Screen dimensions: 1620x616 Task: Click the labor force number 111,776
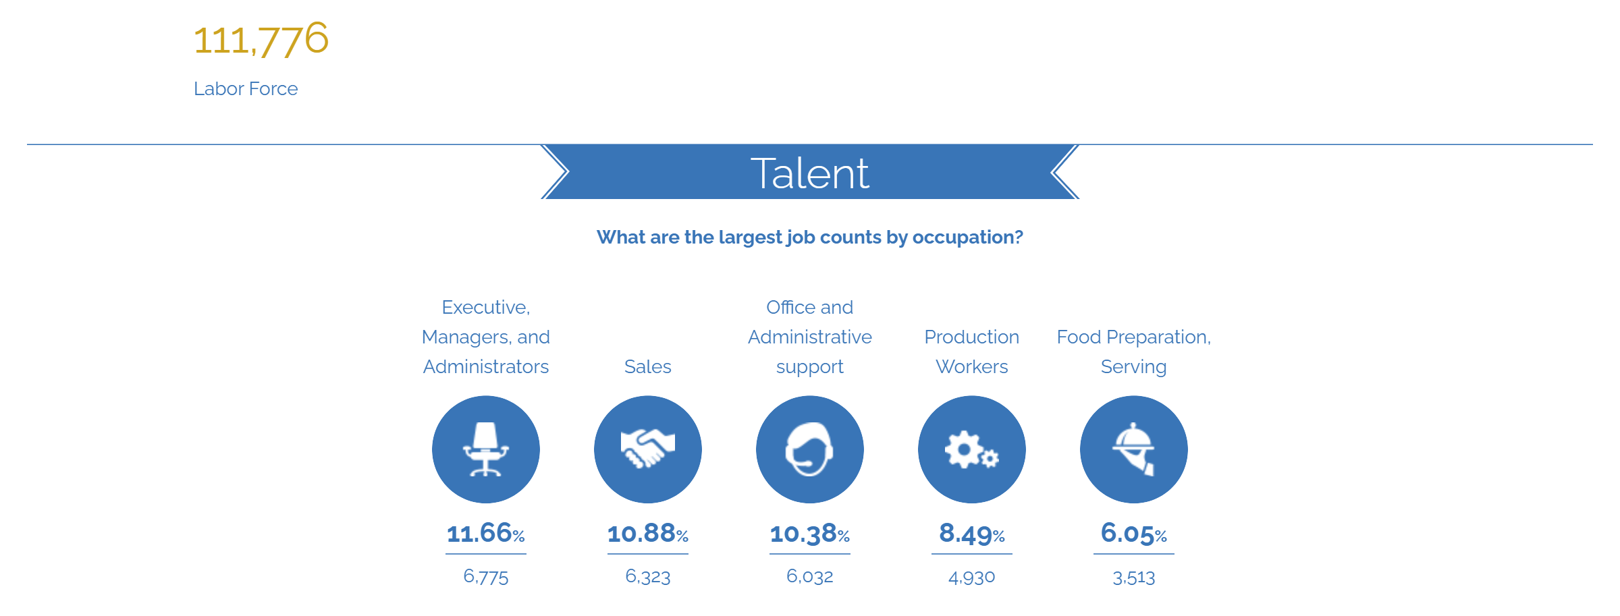pos(261,39)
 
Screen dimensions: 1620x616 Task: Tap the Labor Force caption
pos(246,88)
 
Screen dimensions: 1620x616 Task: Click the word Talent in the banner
pos(810,173)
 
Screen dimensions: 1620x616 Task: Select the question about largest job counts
pos(810,237)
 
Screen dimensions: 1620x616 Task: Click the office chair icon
pos(486,449)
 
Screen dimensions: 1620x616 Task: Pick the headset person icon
pos(810,449)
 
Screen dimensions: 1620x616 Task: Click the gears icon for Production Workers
pos(972,449)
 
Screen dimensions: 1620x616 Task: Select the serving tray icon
pos(1134,449)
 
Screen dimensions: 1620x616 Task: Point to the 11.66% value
pos(486,533)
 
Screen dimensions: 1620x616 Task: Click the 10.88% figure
pos(648,533)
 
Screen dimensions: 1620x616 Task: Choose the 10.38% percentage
pos(810,534)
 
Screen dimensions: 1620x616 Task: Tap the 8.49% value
pos(972,534)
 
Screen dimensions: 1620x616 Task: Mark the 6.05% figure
pos(1134,534)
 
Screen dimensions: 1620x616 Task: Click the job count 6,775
pos(486,577)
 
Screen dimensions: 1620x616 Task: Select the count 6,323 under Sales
pos(648,577)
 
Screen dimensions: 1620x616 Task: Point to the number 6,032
pos(810,577)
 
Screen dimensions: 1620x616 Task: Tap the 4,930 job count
pos(972,578)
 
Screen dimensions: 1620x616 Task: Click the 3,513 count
pos(1134,578)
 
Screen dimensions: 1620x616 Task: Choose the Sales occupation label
pos(648,366)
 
